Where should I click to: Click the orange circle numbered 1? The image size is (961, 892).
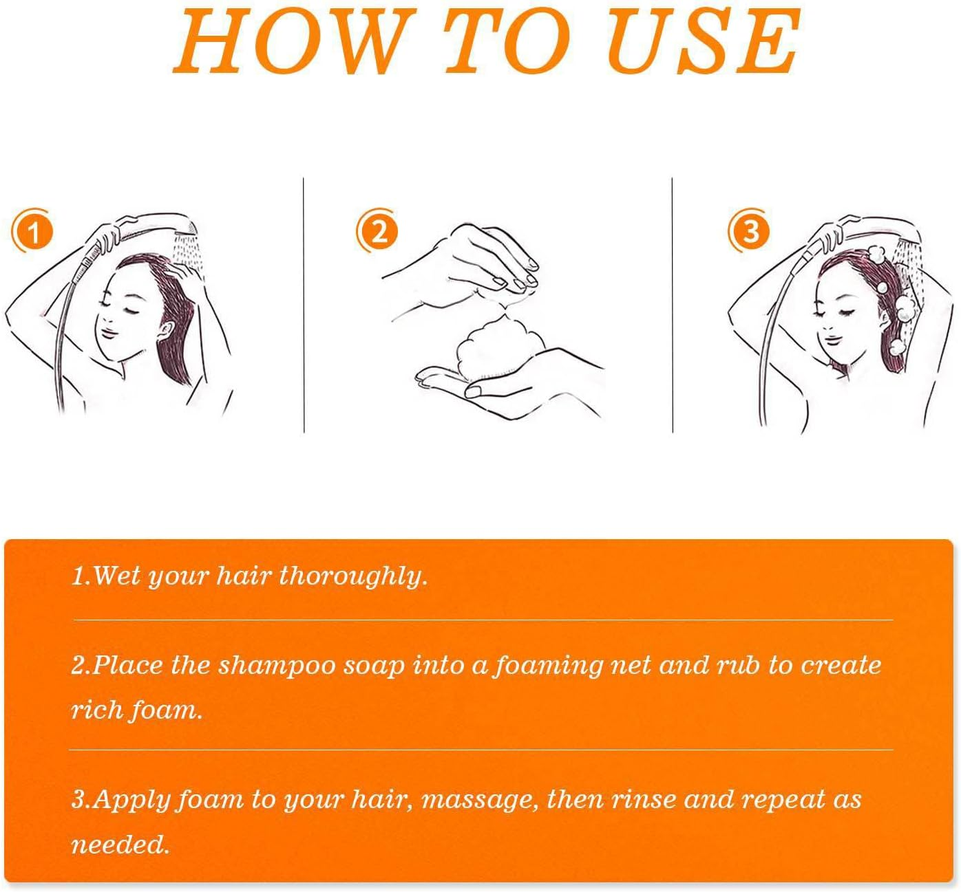click(32, 232)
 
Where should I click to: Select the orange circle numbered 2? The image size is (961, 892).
click(378, 230)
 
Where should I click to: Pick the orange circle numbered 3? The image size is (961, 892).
click(749, 230)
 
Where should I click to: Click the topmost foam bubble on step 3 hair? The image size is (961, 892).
click(876, 253)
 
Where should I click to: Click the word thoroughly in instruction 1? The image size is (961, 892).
click(352, 576)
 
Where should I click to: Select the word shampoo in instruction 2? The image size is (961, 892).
click(276, 666)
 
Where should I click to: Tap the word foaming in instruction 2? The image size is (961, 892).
click(547, 666)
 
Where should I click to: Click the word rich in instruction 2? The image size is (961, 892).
click(95, 710)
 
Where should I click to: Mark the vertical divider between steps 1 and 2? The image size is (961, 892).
click(304, 305)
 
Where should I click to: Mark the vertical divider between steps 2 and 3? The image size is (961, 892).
click(672, 305)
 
